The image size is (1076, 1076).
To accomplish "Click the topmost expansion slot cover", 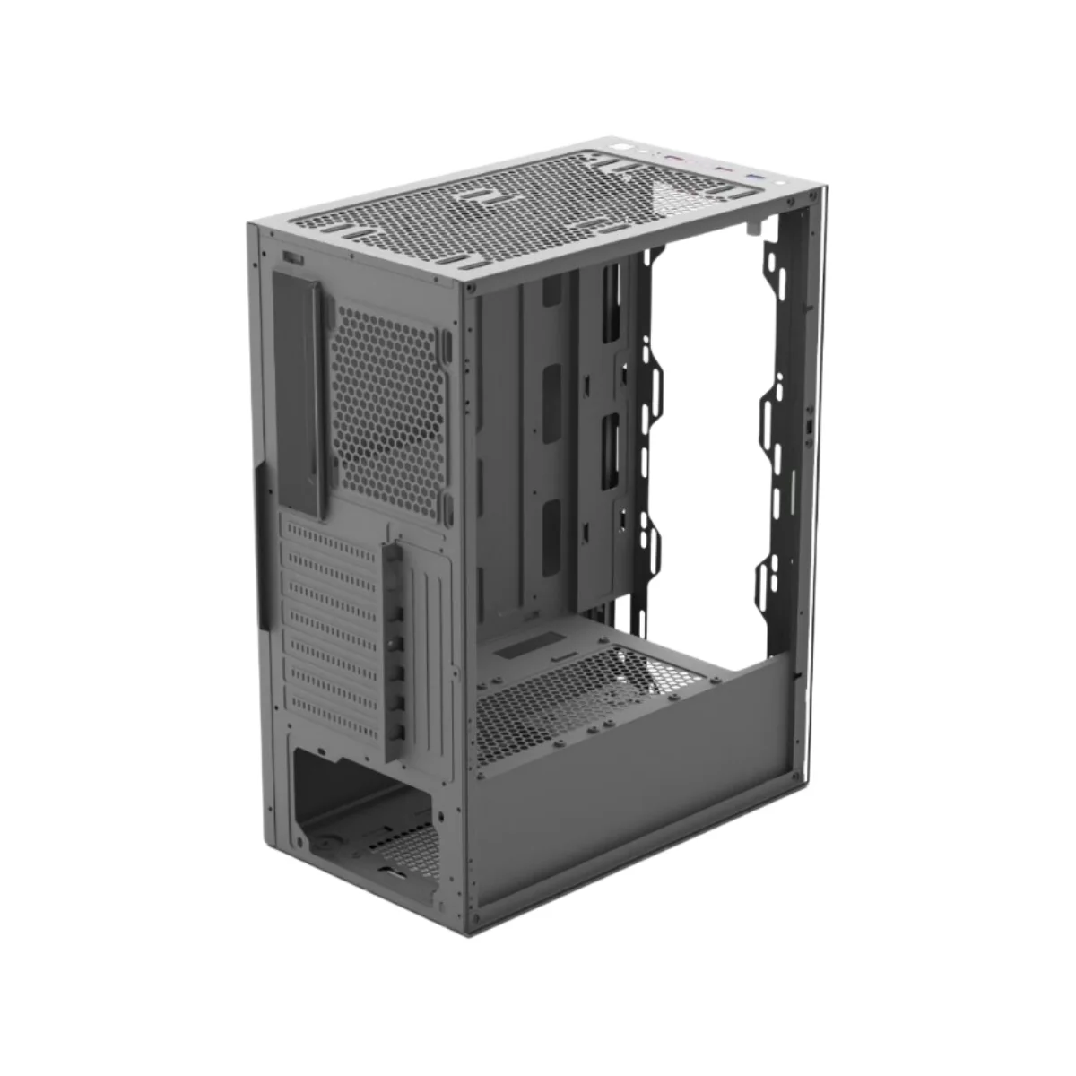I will [332, 536].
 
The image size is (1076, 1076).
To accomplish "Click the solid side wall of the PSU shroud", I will [628, 807].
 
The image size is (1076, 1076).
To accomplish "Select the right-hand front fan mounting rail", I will [773, 403].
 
